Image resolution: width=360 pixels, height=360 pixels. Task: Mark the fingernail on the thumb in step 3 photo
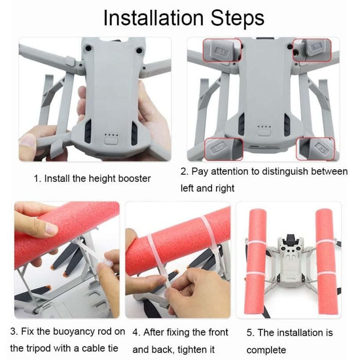pos(51,230)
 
